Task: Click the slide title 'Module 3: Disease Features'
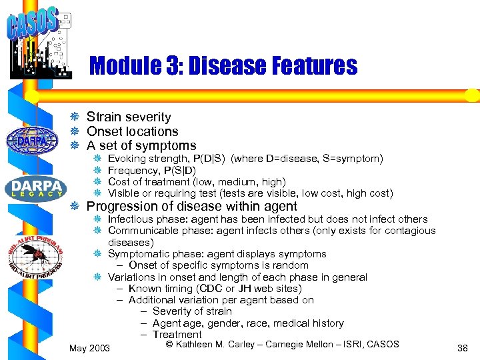[223, 66]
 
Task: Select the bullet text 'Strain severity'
[129, 117]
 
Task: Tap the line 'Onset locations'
[133, 131]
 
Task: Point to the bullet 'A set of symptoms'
[141, 145]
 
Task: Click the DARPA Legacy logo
[33, 187]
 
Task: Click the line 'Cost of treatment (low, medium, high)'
[197, 182]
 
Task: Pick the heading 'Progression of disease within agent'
[192, 207]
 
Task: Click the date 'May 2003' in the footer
[90, 348]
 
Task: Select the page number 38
[462, 348]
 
